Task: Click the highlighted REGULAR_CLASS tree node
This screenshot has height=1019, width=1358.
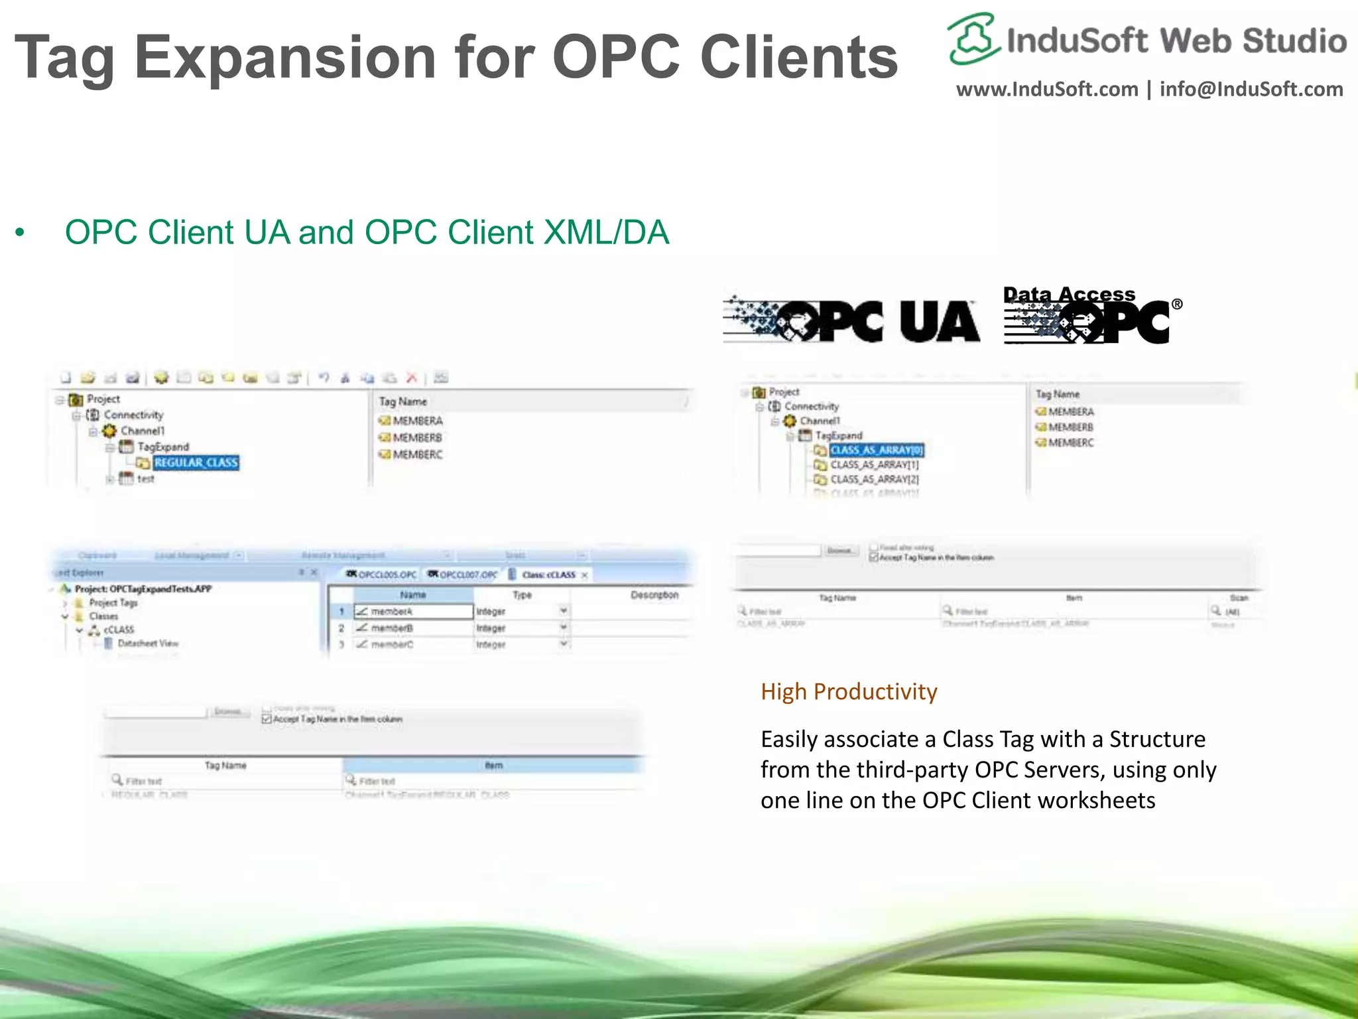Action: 196,462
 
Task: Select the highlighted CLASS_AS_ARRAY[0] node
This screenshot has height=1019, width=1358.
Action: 876,450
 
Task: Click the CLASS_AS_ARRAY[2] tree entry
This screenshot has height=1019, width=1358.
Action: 874,479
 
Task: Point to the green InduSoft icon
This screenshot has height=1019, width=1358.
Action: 972,38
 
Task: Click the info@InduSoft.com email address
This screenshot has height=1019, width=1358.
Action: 1251,89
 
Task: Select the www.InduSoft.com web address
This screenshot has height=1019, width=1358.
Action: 1046,89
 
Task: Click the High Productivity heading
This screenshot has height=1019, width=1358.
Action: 848,691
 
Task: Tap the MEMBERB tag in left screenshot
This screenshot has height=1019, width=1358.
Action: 416,438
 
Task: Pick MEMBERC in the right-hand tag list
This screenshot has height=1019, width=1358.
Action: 1070,442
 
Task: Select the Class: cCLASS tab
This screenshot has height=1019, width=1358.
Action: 548,575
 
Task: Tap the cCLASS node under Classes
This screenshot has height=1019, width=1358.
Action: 118,630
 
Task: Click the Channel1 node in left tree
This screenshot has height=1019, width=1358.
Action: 141,431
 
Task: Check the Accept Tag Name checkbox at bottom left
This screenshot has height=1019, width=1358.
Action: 267,719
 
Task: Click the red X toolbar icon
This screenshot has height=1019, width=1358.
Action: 412,377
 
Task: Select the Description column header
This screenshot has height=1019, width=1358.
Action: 654,595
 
